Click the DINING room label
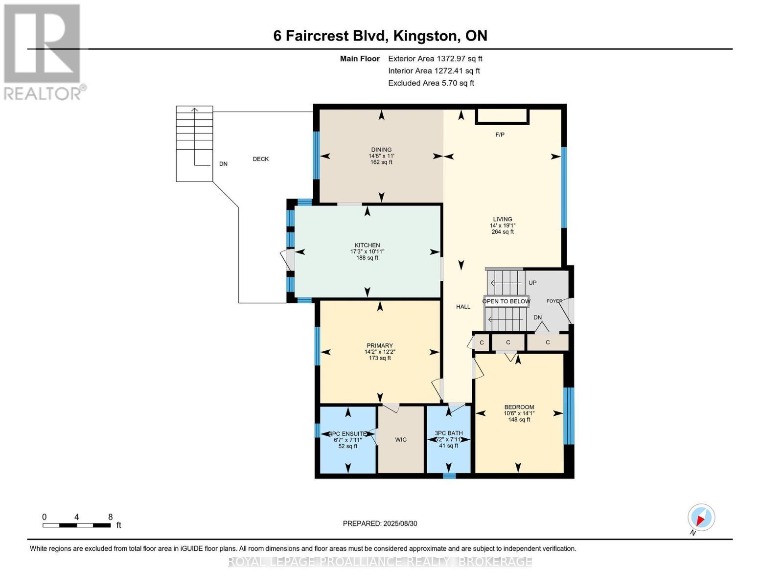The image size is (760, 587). [x=381, y=150]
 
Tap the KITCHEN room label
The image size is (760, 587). [x=367, y=245]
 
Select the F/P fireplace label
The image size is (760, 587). [x=500, y=135]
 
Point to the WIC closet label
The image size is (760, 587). [x=401, y=439]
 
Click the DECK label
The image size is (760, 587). [x=260, y=158]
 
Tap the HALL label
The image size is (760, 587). [x=463, y=307]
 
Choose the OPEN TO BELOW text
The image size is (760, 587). [x=506, y=301]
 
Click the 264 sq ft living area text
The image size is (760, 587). [x=503, y=231]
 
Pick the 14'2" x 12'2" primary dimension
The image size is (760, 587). [x=380, y=352]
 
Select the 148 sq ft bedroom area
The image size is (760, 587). [x=519, y=419]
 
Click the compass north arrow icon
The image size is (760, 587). [x=701, y=518]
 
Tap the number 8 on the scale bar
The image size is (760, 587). [x=111, y=517]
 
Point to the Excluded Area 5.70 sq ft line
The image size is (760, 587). [x=431, y=83]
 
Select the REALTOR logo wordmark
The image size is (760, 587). [x=45, y=93]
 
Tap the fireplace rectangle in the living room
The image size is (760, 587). [x=502, y=116]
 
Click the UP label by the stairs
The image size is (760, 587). [x=532, y=282]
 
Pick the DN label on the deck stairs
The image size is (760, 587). [x=223, y=163]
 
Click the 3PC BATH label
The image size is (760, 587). [x=448, y=433]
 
